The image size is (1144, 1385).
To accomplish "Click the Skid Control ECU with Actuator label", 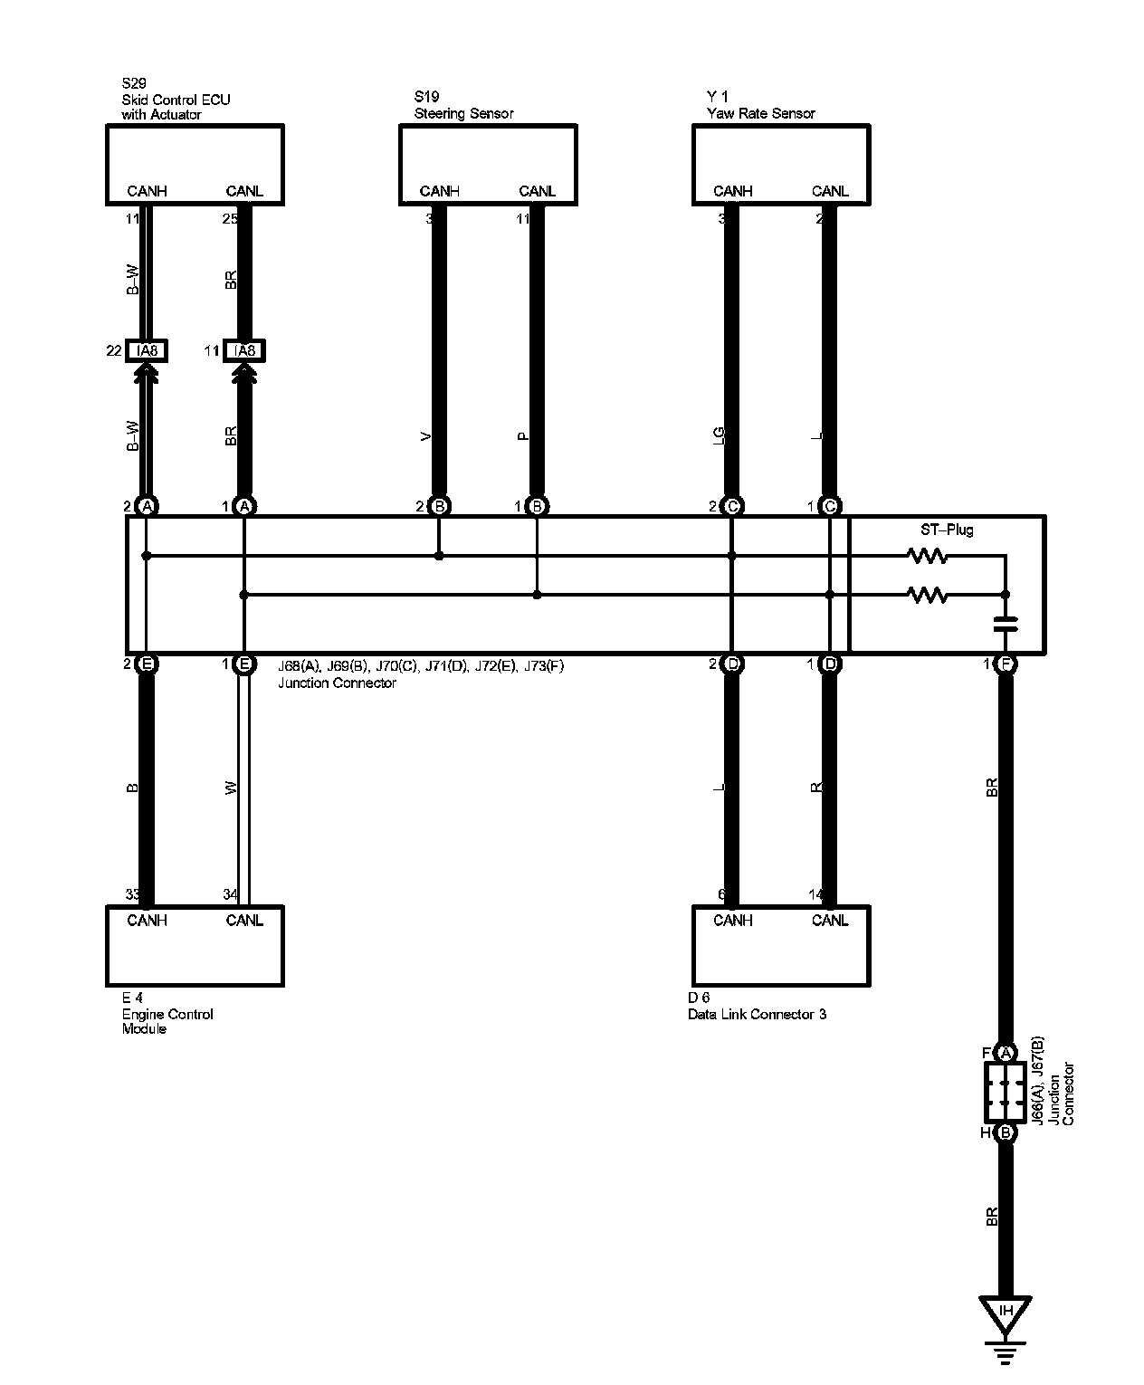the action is coord(176,100).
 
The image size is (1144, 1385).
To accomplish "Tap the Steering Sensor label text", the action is coord(463,113).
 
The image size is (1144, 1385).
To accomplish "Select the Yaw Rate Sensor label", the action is coord(760,113).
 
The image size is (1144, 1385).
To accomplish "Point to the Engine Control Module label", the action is coord(167,1014).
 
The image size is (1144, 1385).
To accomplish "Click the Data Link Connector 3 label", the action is coord(757,1014).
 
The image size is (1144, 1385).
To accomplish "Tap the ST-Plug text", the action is coord(946,530).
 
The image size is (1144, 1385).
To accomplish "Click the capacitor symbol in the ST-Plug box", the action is coord(1006,623).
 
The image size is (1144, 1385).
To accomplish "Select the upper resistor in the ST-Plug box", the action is coord(928,556).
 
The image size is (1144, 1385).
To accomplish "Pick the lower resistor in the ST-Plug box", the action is coord(928,595).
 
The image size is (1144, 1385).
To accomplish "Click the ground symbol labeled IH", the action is coord(1006,1313).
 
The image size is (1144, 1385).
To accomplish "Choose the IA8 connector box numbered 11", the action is coord(244,350).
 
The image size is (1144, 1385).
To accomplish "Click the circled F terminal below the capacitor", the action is coord(1006,664).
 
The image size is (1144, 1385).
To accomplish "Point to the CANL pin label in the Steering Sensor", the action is coord(537,191).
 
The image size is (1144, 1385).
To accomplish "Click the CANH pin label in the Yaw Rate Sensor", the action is coord(732,191).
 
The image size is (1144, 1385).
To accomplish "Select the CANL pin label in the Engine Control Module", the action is coord(244,921).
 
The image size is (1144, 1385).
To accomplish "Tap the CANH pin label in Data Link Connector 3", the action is coord(732,921).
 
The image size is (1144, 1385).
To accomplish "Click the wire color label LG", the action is coord(719,436).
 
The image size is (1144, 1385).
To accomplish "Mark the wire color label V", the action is coord(426,436).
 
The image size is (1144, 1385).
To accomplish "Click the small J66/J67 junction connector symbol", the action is coord(1006,1092).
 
